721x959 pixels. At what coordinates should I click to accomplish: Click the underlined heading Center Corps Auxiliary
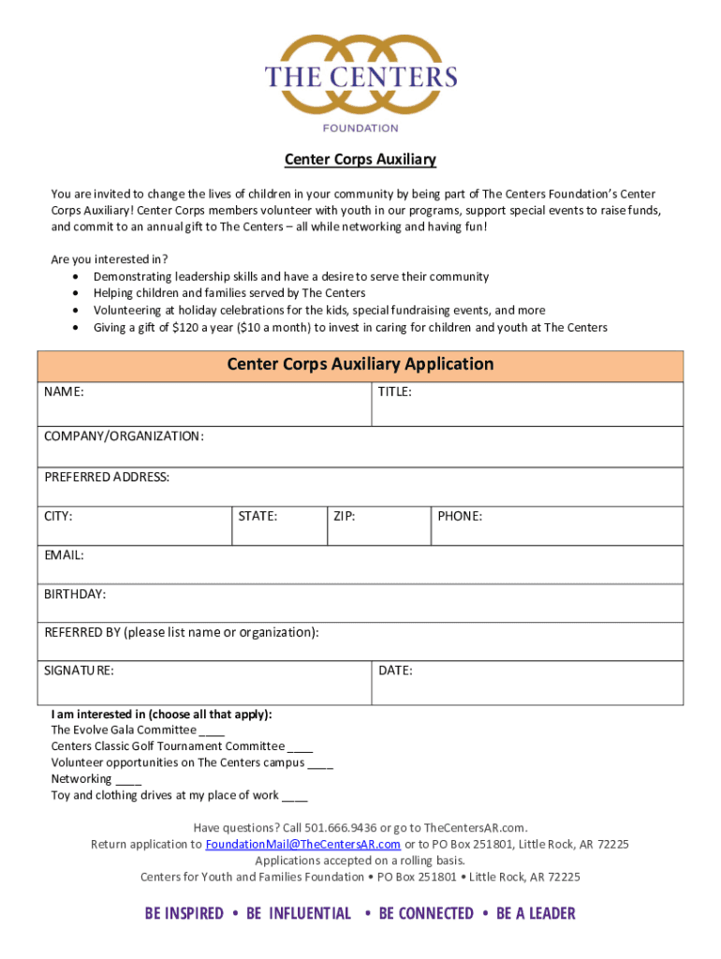[360, 160]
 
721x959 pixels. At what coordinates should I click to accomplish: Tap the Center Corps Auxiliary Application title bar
[360, 364]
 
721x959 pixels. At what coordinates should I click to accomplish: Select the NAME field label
[64, 392]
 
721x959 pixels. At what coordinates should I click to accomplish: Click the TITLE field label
[394, 392]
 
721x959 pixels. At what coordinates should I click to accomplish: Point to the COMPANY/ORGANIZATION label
[124, 436]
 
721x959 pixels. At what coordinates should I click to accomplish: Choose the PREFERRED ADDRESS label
[107, 478]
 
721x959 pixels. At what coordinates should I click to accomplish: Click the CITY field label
[58, 516]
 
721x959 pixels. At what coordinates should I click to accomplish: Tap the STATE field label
[257, 516]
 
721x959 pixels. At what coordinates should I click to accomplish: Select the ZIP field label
[344, 516]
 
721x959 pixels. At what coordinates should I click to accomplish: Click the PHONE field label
[459, 516]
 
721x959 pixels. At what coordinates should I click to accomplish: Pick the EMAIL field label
[64, 555]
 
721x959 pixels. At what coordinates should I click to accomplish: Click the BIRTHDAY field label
[75, 594]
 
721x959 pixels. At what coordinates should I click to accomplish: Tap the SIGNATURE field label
[79, 671]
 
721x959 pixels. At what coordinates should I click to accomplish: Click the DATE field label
[395, 671]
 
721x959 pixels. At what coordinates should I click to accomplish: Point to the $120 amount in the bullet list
[199, 328]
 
